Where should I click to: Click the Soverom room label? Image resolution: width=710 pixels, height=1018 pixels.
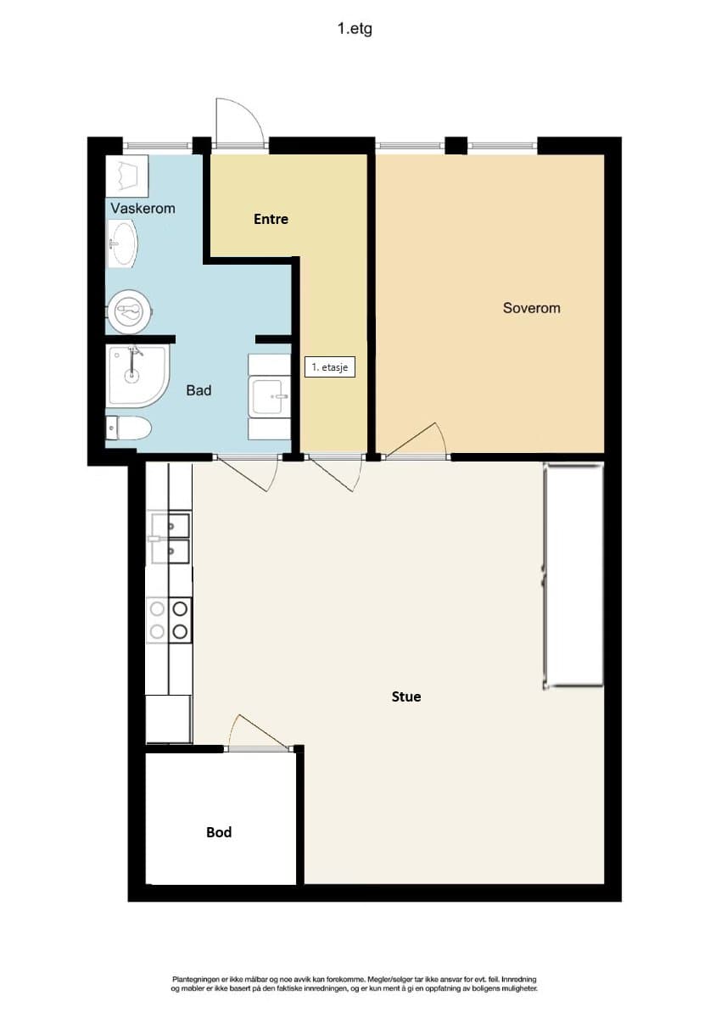coord(531,308)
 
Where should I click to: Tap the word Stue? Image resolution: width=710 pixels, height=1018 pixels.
coord(406,696)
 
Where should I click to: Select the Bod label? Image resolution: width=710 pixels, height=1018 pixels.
coord(219,832)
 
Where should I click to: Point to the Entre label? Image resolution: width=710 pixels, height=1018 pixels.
coord(271,219)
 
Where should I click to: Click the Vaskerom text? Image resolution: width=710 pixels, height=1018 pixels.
coord(143,209)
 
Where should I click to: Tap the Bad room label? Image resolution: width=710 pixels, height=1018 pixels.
coord(198,390)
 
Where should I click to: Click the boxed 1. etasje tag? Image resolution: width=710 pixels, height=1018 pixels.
coord(329,366)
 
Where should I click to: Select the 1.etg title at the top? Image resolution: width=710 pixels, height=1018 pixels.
coord(355,29)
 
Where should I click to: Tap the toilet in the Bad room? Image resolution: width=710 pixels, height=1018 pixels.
coord(129,428)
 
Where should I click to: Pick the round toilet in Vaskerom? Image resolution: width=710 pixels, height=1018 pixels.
coord(130,311)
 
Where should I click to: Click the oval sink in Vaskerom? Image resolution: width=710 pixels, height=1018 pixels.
coord(122,243)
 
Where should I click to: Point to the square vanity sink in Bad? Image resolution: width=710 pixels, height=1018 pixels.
coord(269,396)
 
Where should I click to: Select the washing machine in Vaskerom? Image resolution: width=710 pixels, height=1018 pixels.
coord(127,176)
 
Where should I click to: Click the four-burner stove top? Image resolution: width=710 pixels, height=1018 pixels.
coord(169,620)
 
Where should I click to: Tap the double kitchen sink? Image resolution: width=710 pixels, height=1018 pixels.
coord(170,538)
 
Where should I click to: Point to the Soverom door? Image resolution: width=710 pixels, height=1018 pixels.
coord(416,440)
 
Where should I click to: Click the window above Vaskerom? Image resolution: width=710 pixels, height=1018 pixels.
coord(157,146)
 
